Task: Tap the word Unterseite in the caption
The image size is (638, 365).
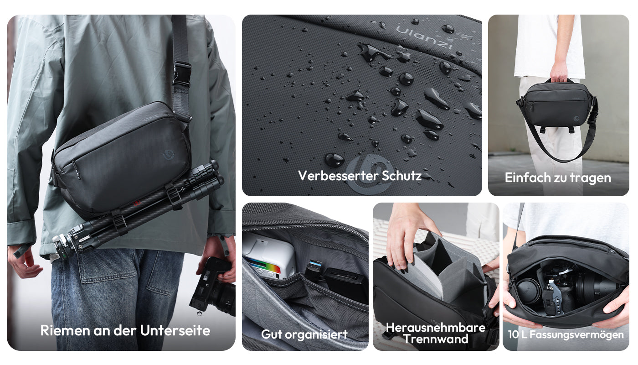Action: coord(175,331)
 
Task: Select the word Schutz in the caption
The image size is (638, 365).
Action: coord(401,176)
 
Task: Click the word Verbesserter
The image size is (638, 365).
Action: coord(338,176)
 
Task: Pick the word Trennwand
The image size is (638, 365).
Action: coord(436,339)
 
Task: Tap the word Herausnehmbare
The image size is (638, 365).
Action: coord(436,328)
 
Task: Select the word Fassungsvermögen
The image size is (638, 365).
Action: coord(576,334)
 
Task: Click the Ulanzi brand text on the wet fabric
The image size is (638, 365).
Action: coord(424,36)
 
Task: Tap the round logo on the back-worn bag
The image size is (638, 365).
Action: coord(169,155)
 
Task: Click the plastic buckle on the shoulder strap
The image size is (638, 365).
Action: coord(181,74)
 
